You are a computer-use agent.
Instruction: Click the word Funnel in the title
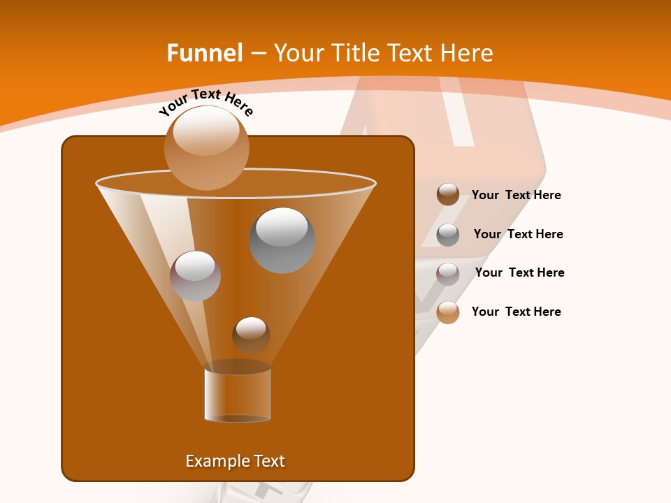coord(205,53)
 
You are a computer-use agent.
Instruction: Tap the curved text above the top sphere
coord(205,101)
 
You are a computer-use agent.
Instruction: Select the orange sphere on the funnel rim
coord(207,147)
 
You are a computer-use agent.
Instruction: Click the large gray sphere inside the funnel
coord(282,241)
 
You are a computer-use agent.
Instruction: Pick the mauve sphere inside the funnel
coord(195,276)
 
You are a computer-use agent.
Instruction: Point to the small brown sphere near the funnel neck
coord(251,335)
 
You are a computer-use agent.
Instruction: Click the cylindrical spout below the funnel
coord(238,395)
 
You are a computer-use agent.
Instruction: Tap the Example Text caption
coord(236,461)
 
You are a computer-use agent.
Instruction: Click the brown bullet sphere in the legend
coord(448,194)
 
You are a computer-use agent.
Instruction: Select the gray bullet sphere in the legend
coord(448,235)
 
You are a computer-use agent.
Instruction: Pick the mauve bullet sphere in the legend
coord(448,274)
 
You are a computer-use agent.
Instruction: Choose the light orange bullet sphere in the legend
coord(448,312)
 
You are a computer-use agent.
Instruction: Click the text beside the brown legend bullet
coord(516,196)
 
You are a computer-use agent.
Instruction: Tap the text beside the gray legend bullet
coord(518,235)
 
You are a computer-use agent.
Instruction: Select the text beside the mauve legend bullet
coord(519,273)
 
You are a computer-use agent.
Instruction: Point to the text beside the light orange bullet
coord(516,312)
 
